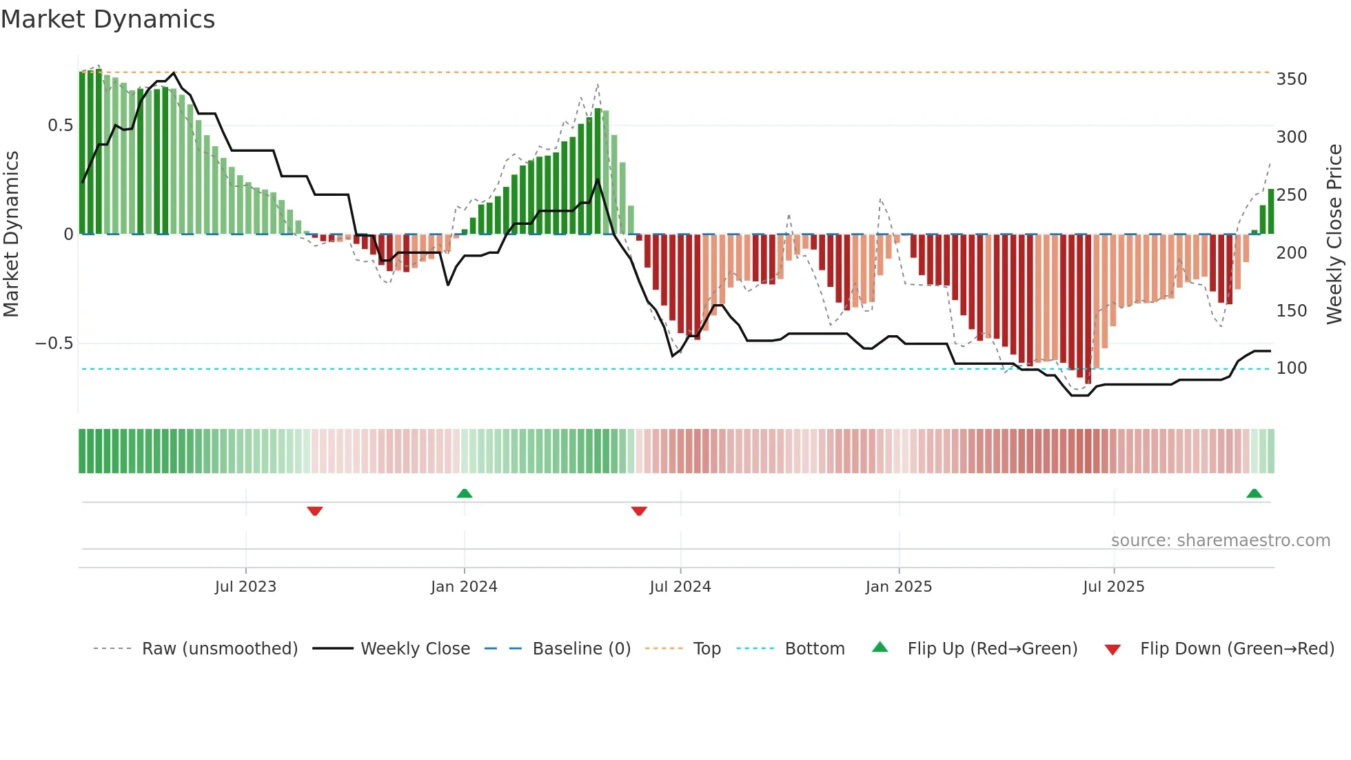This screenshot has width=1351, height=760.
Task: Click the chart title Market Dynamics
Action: [108, 19]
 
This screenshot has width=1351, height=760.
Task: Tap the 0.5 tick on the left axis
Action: [60, 126]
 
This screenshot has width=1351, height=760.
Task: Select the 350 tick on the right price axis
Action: [1291, 79]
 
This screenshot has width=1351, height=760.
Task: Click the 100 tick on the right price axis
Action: [1291, 368]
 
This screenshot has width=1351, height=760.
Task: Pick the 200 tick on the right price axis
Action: [1291, 253]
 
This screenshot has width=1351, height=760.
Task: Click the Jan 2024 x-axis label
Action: [464, 587]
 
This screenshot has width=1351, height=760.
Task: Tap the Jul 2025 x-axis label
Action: [1113, 587]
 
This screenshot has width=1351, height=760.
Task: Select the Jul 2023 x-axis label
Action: [245, 587]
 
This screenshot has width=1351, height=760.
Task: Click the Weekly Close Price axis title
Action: [1334, 234]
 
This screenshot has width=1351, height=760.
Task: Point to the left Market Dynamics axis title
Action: [11, 234]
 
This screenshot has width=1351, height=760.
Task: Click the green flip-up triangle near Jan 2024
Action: [465, 493]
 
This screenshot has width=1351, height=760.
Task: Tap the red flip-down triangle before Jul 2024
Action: [639, 511]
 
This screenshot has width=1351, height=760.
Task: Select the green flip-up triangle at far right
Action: [1254, 493]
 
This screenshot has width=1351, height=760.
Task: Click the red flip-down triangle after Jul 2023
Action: [315, 511]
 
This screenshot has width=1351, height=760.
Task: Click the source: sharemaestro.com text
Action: [1220, 541]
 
